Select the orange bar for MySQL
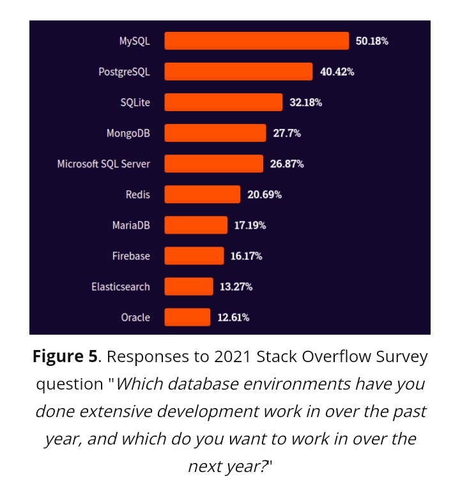256,41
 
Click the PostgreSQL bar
238,72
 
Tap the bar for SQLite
223,102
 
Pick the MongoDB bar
215,133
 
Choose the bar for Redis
202,194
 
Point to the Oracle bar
187,317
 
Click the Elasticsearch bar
188,286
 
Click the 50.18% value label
372,41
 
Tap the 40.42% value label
337,72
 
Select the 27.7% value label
287,133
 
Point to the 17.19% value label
250,225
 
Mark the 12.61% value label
234,317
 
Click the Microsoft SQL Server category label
103,164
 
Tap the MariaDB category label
130,225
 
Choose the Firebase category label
131,255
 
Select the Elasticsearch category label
120,286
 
